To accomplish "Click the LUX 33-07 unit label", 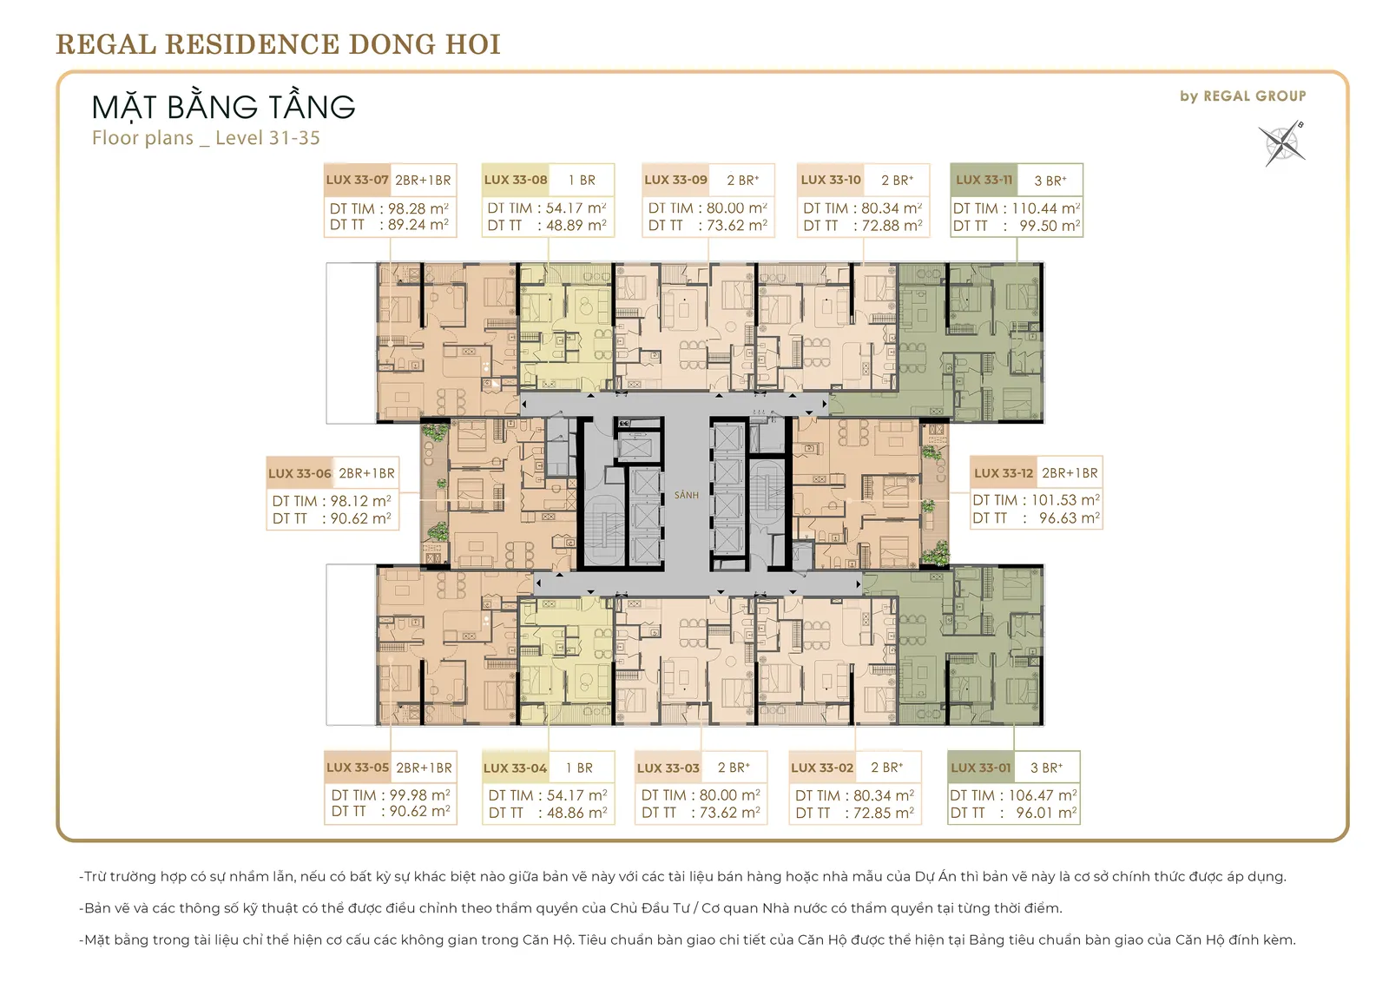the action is coord(357,180).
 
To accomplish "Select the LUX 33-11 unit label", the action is coord(984,180).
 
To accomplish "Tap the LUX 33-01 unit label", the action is coord(981,768).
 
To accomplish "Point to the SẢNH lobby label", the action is coord(687,495).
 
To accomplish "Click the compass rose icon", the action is coord(1281,144).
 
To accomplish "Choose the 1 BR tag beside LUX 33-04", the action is coord(579,768).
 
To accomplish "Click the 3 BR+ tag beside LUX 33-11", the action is coord(1050,181).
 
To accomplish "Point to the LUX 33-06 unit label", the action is coord(300,473).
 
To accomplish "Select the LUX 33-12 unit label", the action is coord(1004,473).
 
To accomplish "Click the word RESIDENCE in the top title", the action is coord(253,44).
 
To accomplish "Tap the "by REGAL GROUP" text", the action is coord(1242,96).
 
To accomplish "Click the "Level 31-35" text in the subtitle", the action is coord(268,138).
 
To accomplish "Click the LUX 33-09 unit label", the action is coord(675,180).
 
